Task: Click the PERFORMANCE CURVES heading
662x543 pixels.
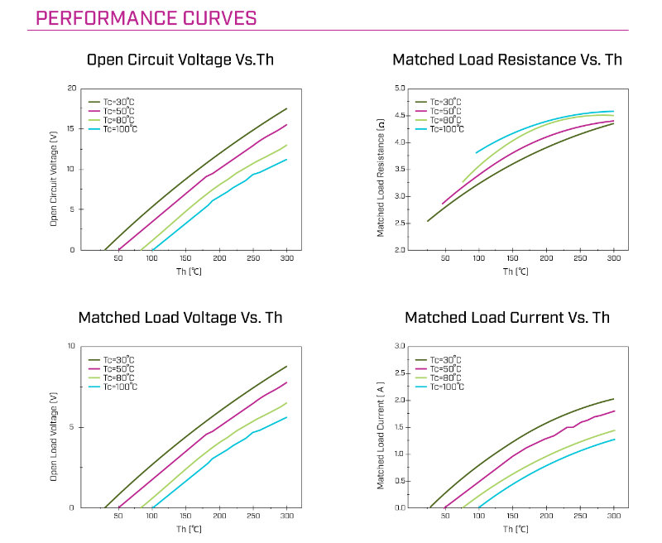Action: tap(146, 18)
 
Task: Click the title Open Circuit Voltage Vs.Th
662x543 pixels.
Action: tap(180, 60)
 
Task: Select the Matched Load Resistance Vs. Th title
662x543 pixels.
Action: tap(507, 60)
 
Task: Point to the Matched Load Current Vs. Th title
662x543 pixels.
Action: tap(507, 318)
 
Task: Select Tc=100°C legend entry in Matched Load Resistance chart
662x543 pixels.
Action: tap(440, 129)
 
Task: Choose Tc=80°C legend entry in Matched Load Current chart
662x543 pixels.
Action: tap(440, 378)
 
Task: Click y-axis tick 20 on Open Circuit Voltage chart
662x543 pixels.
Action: tap(72, 89)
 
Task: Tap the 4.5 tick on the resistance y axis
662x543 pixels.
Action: tap(399, 115)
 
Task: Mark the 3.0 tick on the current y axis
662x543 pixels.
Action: tap(399, 346)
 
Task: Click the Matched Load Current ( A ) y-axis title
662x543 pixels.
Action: tap(381, 435)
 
